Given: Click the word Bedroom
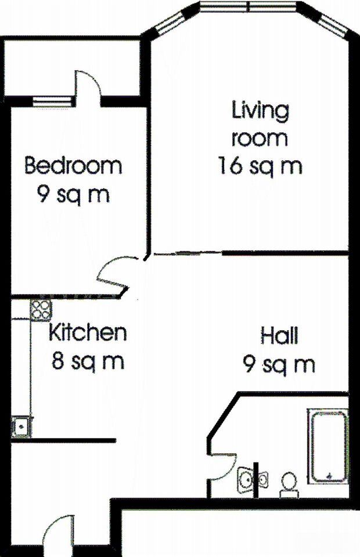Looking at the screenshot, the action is pos(73,166).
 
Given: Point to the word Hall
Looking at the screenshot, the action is pos(279,336).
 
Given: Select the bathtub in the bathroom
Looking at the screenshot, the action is pos(328,446).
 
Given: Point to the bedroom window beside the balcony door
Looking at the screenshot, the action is pos(53,102).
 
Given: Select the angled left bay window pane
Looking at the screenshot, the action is pos(167,24).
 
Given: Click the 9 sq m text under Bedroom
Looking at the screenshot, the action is pos(73,195).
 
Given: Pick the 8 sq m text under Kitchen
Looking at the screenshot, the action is pos(88,361).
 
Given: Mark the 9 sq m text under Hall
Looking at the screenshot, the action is pos(279,364).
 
